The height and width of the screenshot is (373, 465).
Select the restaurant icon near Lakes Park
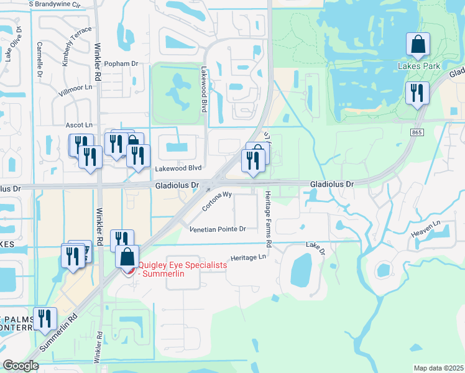pos(417,93)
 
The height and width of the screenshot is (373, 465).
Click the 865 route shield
pos(417,132)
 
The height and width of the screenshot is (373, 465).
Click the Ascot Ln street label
pos(80,125)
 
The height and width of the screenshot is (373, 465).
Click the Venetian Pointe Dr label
pos(218,229)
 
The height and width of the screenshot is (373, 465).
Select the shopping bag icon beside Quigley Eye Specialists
pos(127,257)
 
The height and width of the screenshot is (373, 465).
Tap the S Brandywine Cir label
pos(55,4)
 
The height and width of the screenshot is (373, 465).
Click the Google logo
pos(21,366)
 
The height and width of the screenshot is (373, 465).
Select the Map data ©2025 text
pos(438,368)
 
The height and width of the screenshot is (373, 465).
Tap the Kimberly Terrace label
pos(76,47)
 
